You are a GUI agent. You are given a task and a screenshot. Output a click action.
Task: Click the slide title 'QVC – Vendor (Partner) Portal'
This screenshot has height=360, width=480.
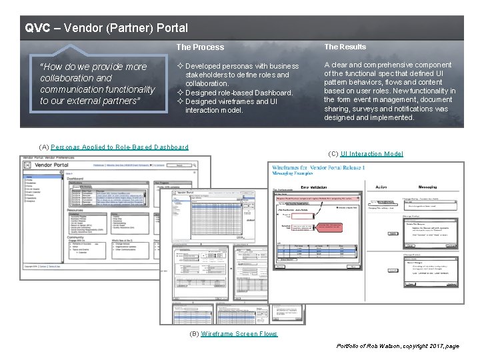pos(107,28)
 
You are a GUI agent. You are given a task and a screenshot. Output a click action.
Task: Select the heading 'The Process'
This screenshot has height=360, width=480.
pos(200,47)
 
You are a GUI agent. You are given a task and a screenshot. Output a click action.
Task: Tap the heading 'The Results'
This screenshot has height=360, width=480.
pos(345,47)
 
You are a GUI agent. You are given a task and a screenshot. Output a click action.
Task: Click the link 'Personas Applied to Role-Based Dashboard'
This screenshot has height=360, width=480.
pos(119,147)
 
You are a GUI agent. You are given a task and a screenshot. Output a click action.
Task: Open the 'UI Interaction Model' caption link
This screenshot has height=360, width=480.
pos(371,154)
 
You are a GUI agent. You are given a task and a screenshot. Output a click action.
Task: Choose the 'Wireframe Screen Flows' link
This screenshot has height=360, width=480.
pos(239,334)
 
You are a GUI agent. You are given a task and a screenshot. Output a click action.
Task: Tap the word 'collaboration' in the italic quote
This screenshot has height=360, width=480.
pos(67,78)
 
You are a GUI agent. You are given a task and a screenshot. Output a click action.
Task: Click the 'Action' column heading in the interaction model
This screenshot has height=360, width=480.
pos(381,187)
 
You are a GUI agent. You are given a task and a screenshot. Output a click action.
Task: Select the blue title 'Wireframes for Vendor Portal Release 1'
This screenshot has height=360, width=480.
pos(318,167)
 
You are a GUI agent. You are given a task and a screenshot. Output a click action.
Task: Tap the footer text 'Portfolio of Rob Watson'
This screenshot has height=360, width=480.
pos(369,347)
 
